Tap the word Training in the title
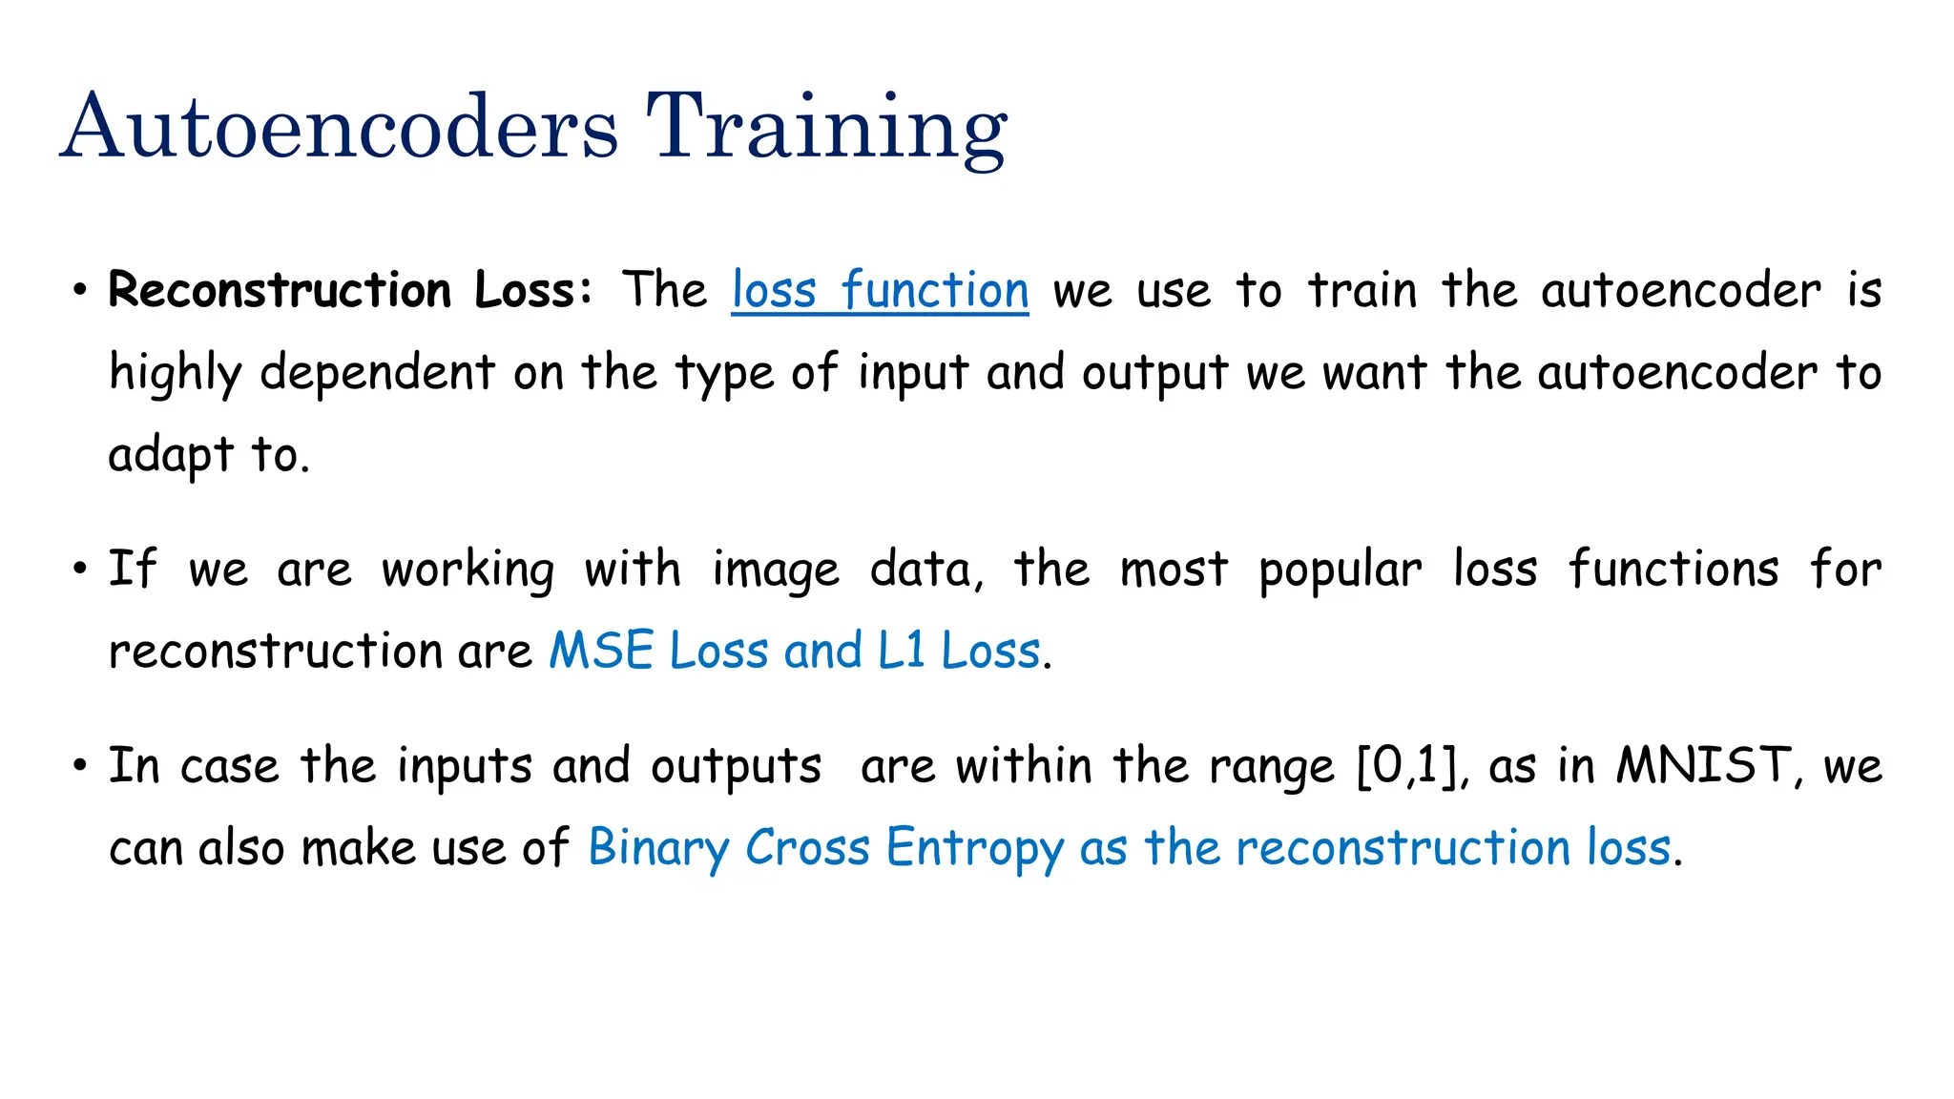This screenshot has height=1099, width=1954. point(826,129)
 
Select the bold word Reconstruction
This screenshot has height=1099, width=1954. point(280,290)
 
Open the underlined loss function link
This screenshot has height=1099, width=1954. point(880,290)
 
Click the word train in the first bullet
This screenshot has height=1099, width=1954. point(1362,290)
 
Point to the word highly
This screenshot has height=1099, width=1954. point(174,373)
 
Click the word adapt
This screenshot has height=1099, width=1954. point(171,455)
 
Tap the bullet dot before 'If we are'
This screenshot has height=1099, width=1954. point(81,570)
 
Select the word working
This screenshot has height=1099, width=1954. point(468,570)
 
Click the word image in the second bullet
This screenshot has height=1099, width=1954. point(776,570)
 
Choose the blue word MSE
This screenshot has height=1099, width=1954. point(601,652)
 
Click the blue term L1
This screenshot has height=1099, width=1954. point(901,652)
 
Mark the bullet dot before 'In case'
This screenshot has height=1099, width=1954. point(81,766)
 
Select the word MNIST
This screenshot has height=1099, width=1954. point(1703,766)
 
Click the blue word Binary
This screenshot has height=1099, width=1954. point(657,848)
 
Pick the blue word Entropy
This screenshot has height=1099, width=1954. point(974,848)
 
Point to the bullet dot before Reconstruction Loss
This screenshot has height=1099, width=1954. point(81,291)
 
